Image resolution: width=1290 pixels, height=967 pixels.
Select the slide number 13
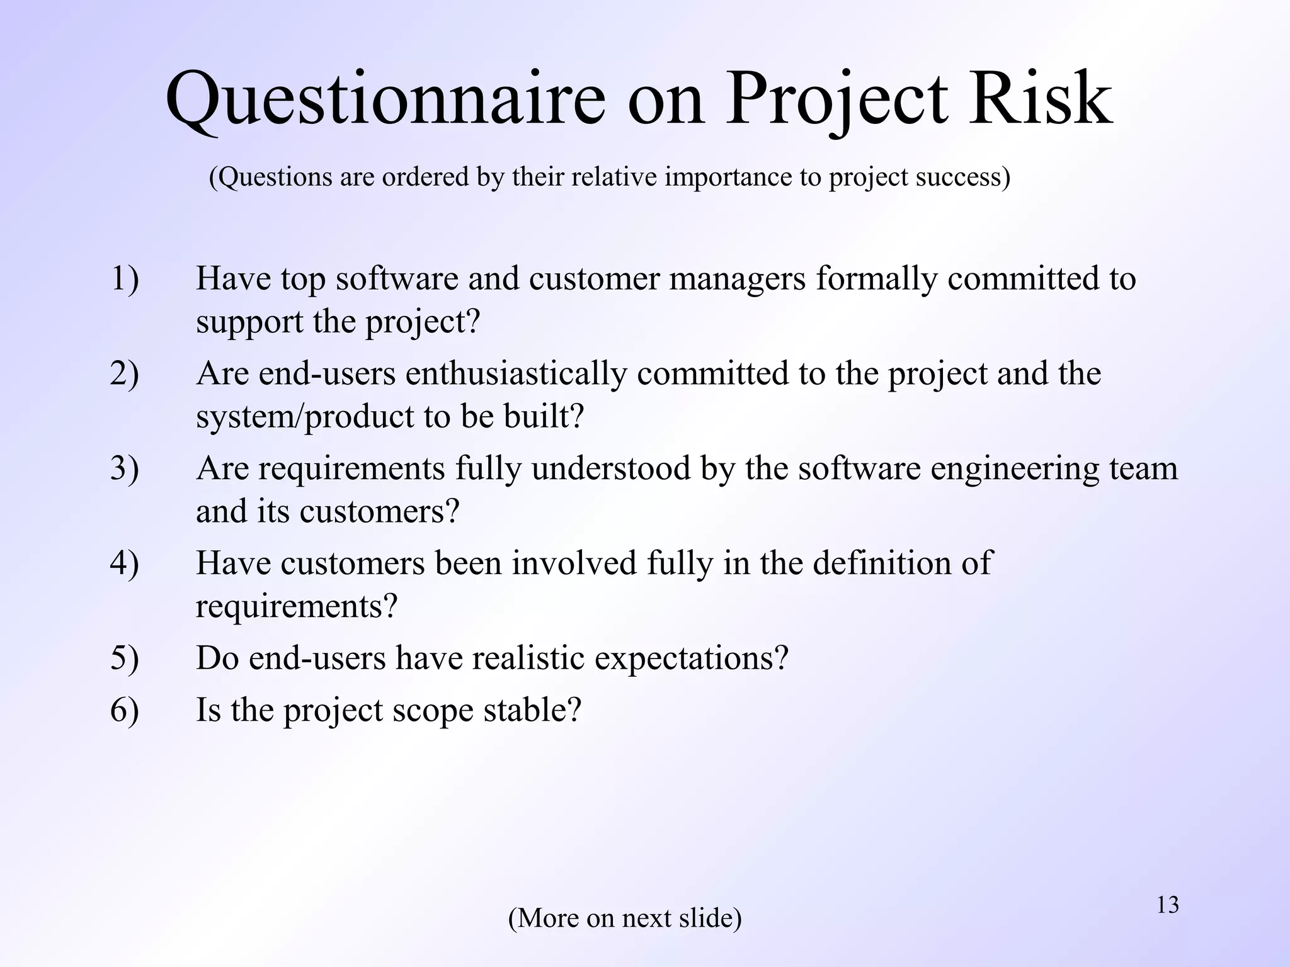point(1168,905)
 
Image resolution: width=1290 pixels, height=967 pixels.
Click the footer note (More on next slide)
point(625,918)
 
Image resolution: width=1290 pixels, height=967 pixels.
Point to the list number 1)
point(124,279)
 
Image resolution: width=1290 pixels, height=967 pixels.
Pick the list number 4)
point(124,563)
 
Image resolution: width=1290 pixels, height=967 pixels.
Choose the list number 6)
point(124,710)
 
